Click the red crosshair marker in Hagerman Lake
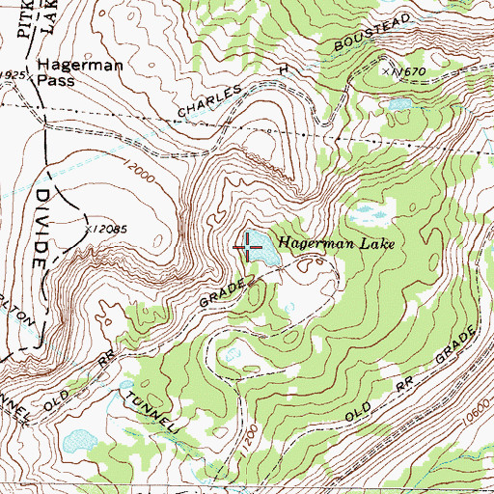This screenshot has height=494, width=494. tap(249, 248)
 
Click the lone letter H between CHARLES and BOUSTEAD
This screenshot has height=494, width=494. tap(283, 70)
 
